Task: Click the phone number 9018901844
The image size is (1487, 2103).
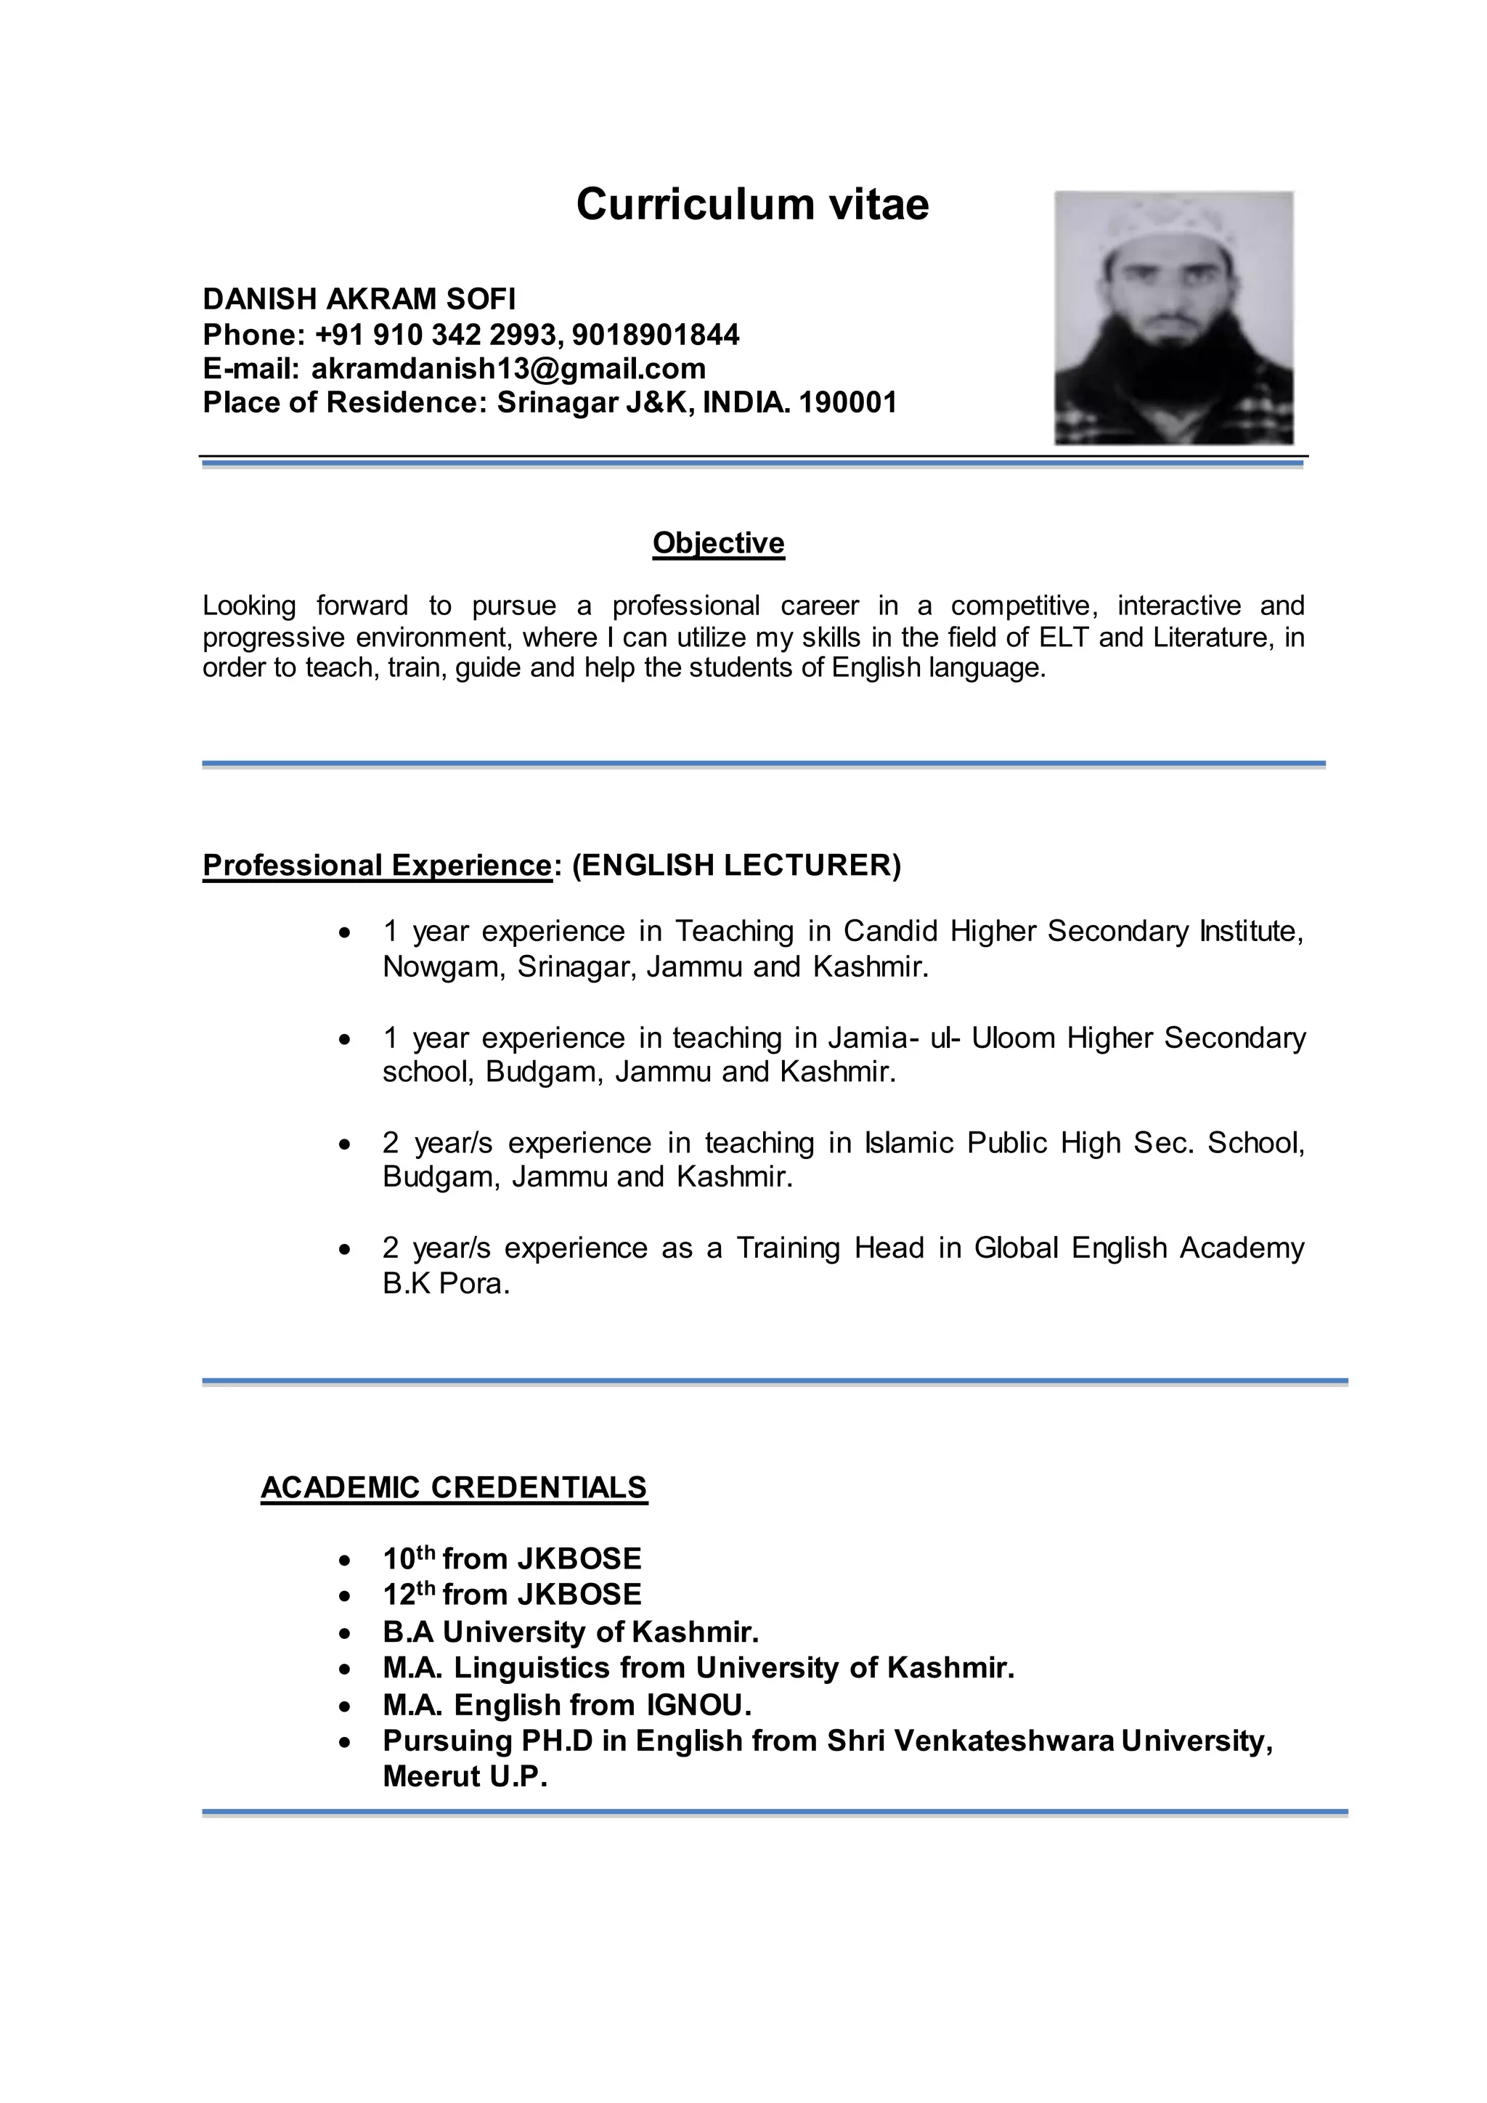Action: [x=655, y=334]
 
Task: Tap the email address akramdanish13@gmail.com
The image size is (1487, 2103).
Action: [x=508, y=368]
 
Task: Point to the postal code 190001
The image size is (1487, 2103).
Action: [x=847, y=402]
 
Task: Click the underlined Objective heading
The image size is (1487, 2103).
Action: [x=718, y=543]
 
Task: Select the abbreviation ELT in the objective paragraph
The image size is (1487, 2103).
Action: [x=1064, y=637]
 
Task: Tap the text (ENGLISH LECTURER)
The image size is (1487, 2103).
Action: [x=737, y=865]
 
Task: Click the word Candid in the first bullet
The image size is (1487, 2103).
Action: [x=890, y=932]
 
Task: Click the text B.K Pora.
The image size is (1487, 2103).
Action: [x=446, y=1284]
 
